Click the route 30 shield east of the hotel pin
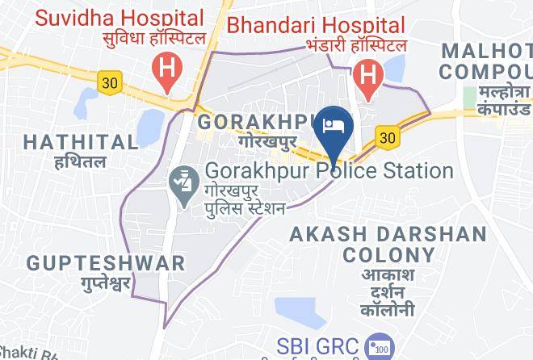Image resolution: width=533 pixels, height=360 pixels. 388,138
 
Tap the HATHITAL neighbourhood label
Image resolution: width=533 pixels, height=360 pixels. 81,143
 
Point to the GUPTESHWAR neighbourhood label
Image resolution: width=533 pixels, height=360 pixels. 105,263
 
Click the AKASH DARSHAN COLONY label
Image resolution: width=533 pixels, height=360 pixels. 388,245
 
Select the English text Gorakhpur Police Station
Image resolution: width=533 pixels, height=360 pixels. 329,171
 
